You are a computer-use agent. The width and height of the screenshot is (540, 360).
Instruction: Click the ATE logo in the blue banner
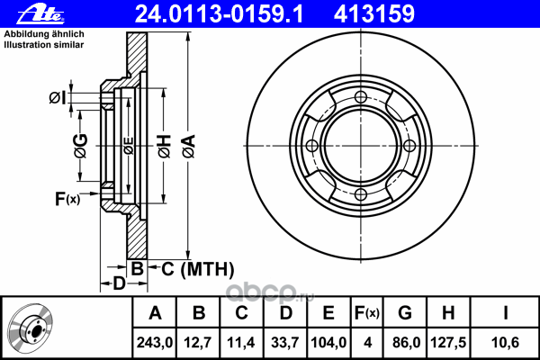(x=40, y=14)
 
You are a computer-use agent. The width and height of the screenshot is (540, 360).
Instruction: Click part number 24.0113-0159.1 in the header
(x=220, y=14)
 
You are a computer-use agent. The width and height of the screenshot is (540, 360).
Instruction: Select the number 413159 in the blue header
(x=374, y=14)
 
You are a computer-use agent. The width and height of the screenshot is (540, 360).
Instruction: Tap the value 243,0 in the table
(x=155, y=342)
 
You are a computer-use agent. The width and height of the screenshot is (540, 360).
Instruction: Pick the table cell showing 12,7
(x=198, y=342)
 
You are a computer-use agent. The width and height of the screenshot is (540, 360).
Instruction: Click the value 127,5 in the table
(x=448, y=342)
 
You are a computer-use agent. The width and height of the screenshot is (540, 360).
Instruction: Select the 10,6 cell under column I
(x=505, y=342)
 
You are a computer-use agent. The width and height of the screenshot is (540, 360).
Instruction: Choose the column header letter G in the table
(x=405, y=313)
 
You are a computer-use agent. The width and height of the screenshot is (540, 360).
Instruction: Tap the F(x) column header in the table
(x=367, y=313)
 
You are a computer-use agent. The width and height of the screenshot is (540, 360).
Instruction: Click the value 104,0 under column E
(x=328, y=342)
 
